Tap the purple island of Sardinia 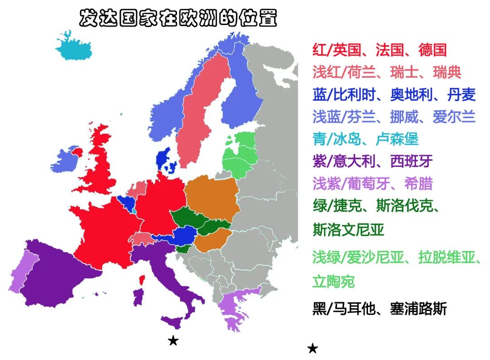click(138, 297)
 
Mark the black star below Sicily click(173, 340)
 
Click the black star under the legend click(313, 349)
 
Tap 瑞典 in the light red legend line click(447, 72)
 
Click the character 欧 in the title click(191, 18)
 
